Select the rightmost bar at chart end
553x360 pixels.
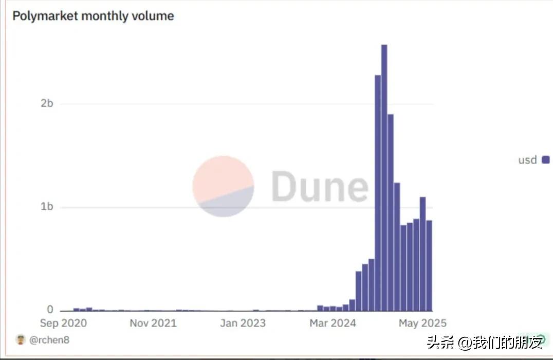point(429,265)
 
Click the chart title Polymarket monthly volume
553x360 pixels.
point(93,16)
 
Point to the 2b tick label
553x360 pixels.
point(47,103)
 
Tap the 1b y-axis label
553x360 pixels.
point(47,207)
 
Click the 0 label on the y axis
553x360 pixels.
point(50,310)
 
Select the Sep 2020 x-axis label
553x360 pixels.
point(64,323)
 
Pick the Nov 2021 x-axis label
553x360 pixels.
point(153,323)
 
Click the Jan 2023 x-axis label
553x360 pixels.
point(243,323)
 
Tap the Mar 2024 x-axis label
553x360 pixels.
point(333,323)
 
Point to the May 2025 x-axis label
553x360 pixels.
point(422,323)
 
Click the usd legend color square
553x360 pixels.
point(545,160)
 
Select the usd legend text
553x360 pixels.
point(527,160)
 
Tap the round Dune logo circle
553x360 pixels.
point(223,186)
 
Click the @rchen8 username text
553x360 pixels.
point(49,339)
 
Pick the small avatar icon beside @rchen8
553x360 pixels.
point(21,339)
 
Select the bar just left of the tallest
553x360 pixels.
point(378,193)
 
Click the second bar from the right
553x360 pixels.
point(423,254)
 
